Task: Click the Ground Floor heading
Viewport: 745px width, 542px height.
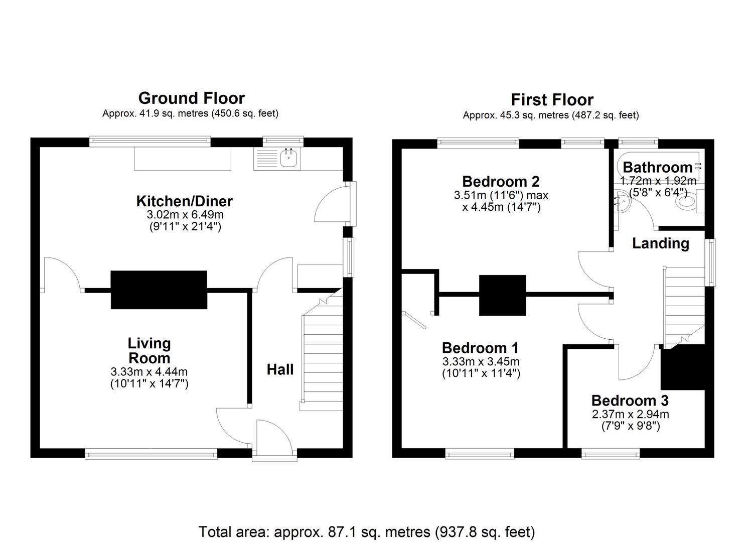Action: pyautogui.click(x=191, y=98)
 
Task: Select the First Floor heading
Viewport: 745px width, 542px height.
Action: pyautogui.click(x=552, y=99)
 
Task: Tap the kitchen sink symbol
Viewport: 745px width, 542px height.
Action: pyautogui.click(x=289, y=159)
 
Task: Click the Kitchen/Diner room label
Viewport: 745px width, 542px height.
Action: pyautogui.click(x=185, y=201)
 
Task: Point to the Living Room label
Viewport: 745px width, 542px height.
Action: pyautogui.click(x=149, y=350)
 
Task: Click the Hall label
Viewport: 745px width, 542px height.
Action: pyautogui.click(x=279, y=370)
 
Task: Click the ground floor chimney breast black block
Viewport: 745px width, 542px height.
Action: pyautogui.click(x=159, y=290)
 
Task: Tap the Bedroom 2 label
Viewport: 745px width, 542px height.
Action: pyautogui.click(x=500, y=181)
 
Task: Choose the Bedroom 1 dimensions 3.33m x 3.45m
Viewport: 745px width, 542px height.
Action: pyautogui.click(x=480, y=362)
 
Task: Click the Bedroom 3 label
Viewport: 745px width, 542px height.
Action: pyautogui.click(x=630, y=400)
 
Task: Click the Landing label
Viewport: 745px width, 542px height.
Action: pyautogui.click(x=660, y=243)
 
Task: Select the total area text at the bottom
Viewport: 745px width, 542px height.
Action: pyautogui.click(x=367, y=531)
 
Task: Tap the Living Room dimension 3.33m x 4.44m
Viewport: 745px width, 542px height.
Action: pyautogui.click(x=149, y=372)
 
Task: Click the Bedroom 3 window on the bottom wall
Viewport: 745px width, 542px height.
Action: pyautogui.click(x=611, y=454)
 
